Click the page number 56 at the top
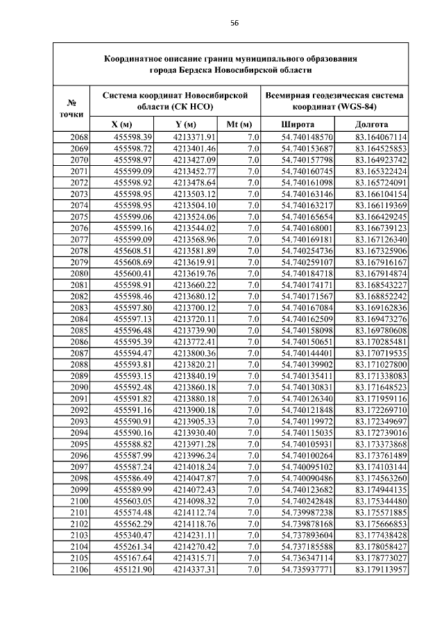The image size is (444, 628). pyautogui.click(x=234, y=22)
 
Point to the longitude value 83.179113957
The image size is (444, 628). pyautogui.click(x=381, y=570)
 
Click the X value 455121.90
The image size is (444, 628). pyautogui.click(x=133, y=570)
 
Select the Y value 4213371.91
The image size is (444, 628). pyautogui.click(x=195, y=137)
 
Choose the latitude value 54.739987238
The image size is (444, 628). pyautogui.click(x=307, y=513)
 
